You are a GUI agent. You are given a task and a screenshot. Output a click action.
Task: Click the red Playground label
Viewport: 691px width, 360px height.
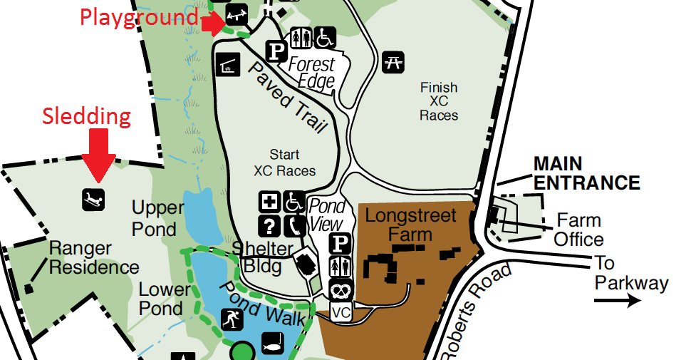[138, 17]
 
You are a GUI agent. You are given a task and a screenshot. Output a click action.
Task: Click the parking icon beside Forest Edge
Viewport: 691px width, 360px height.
[276, 51]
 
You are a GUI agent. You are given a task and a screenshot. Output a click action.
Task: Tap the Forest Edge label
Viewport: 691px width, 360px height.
[312, 73]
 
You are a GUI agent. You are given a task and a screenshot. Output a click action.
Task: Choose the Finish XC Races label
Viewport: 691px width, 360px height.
[438, 101]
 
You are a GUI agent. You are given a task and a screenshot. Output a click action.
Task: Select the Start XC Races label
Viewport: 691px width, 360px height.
[284, 163]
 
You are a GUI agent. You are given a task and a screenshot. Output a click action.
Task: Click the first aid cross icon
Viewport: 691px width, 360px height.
[269, 202]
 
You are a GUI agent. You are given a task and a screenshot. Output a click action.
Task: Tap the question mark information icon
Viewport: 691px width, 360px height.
[269, 226]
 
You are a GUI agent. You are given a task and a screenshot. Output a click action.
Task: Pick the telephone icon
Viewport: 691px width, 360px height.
[294, 226]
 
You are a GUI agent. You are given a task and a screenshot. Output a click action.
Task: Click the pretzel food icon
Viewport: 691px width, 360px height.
[340, 289]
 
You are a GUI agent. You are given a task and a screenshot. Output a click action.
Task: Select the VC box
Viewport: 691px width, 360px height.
[341, 312]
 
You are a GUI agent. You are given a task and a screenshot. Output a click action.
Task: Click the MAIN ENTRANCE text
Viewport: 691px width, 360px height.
[586, 173]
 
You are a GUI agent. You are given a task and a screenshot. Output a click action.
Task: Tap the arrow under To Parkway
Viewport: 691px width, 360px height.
[617, 302]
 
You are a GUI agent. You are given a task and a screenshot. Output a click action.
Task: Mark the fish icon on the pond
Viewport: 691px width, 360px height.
[273, 343]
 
